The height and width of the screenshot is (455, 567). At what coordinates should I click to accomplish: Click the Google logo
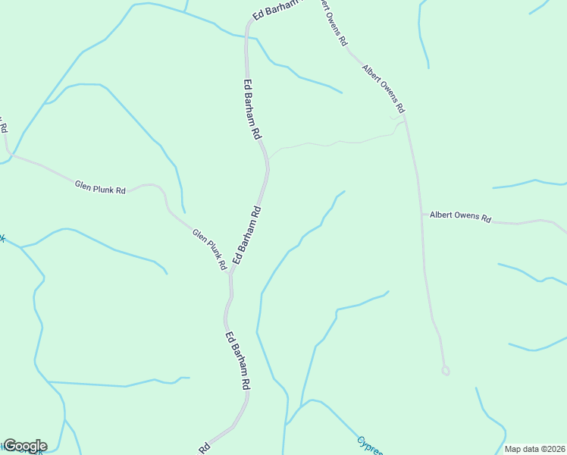[25, 446]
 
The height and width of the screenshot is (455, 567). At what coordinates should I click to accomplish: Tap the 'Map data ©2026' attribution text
[534, 449]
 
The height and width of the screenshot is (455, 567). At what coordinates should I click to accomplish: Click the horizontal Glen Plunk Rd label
[100, 187]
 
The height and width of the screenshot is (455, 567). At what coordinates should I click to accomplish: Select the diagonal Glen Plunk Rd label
[209, 249]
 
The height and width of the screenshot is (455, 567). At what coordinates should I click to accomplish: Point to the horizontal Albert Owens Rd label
[460, 217]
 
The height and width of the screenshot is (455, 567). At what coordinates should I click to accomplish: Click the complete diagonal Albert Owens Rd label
[384, 88]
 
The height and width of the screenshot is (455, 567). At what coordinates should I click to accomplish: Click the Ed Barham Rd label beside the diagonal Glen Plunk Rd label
[247, 236]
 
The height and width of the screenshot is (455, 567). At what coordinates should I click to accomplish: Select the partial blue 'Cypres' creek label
[370, 446]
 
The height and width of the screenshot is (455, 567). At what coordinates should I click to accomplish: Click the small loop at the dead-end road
[446, 370]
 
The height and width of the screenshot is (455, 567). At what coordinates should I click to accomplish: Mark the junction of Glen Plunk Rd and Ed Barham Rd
[230, 275]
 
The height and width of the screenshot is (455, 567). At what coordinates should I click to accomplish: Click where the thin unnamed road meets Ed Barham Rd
[268, 159]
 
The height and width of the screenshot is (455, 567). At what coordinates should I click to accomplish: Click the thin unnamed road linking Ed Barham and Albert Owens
[334, 143]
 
